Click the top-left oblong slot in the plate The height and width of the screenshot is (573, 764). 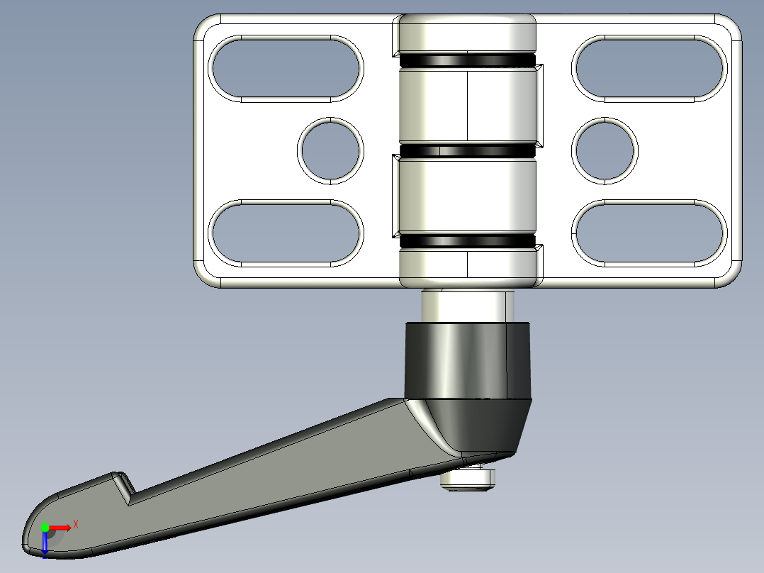click(x=286, y=68)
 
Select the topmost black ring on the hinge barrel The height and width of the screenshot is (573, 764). click(x=467, y=62)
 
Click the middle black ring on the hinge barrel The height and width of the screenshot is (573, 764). click(x=467, y=151)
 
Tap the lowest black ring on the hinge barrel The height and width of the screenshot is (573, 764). click(x=467, y=242)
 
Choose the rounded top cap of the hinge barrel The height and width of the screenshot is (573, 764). click(x=467, y=33)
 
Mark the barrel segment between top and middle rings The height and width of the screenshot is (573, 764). click(x=467, y=106)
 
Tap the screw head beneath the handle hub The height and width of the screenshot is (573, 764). click(x=467, y=479)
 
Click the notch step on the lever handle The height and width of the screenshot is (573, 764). click(x=125, y=487)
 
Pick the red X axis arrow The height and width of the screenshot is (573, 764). click(x=61, y=527)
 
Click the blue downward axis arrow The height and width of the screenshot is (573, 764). click(x=45, y=545)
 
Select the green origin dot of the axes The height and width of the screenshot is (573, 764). click(x=45, y=528)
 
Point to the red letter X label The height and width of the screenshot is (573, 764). click(x=75, y=524)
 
